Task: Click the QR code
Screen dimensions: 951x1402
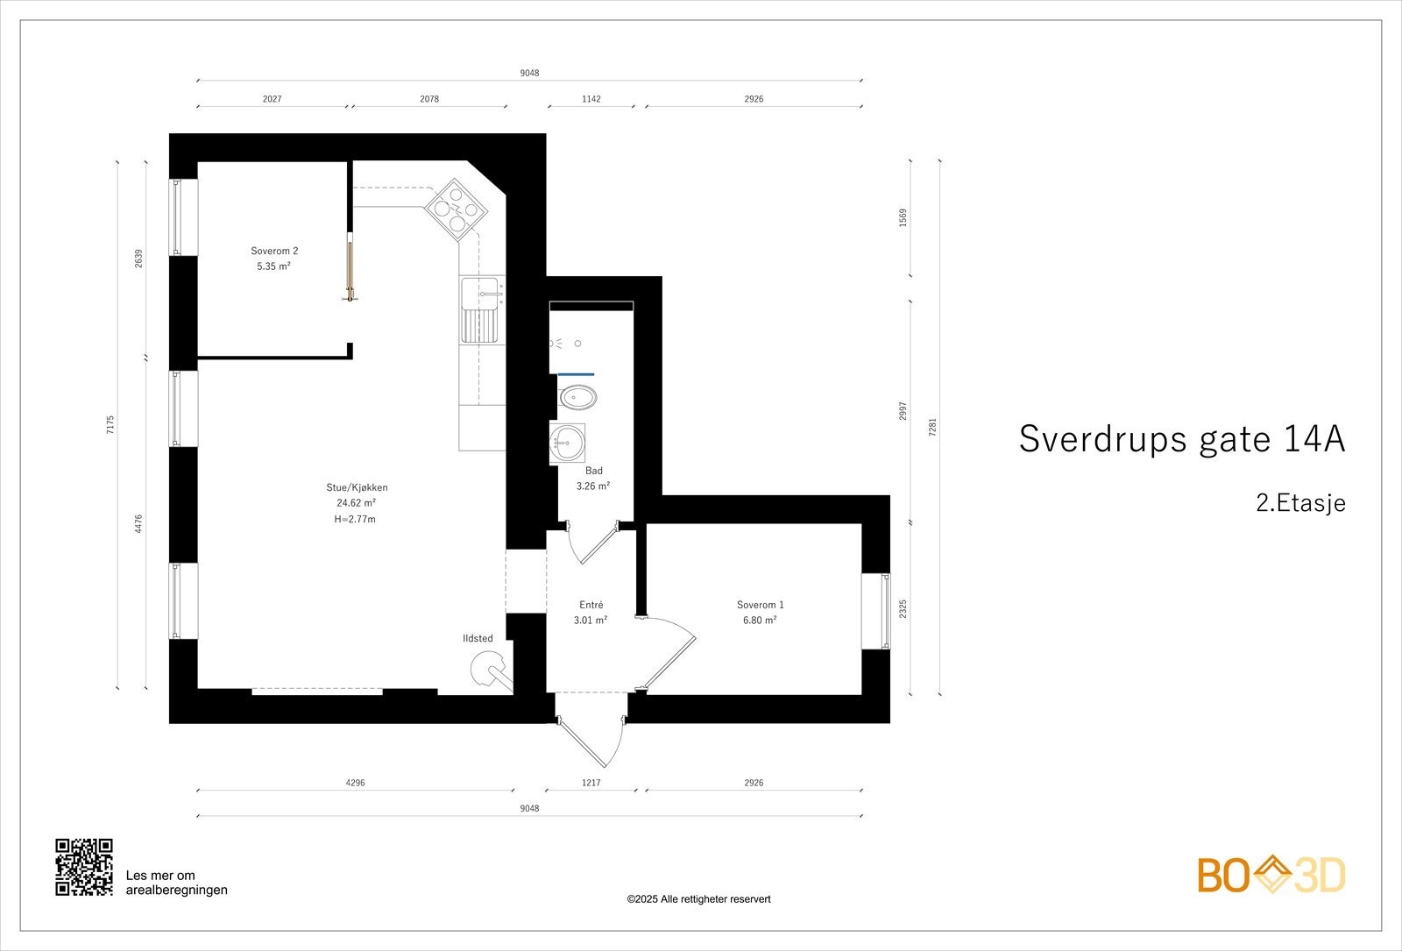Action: pyautogui.click(x=84, y=867)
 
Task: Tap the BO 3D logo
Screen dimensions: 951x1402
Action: pyautogui.click(x=1271, y=875)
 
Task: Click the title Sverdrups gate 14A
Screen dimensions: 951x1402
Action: pyautogui.click(x=1181, y=439)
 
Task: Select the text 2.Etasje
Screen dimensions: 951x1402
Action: pyautogui.click(x=1300, y=503)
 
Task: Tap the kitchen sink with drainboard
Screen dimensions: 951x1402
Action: pyautogui.click(x=481, y=311)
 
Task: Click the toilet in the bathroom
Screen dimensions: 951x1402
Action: pyautogui.click(x=577, y=398)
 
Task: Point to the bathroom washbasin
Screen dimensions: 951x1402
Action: pyautogui.click(x=568, y=443)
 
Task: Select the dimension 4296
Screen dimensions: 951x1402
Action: pyautogui.click(x=355, y=783)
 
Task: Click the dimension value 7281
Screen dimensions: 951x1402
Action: pyautogui.click(x=932, y=427)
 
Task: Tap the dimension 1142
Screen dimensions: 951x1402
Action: pyautogui.click(x=591, y=99)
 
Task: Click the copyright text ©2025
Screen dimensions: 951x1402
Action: pyautogui.click(x=698, y=899)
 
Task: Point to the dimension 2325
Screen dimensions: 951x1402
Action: pyautogui.click(x=903, y=609)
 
